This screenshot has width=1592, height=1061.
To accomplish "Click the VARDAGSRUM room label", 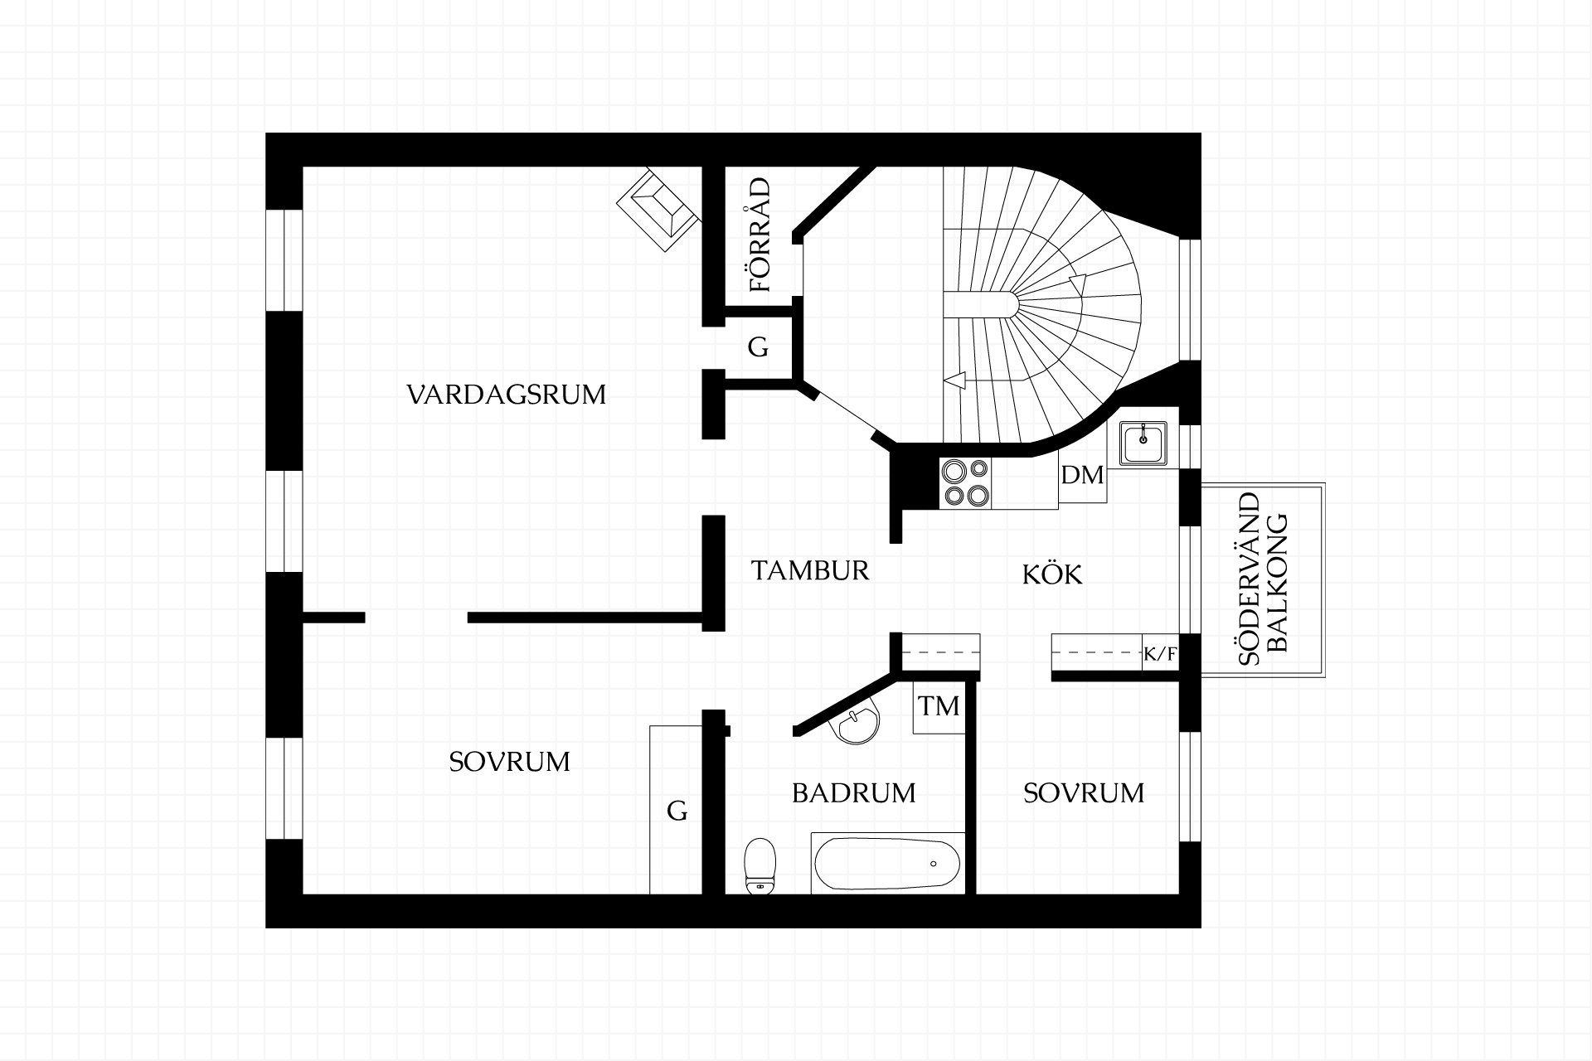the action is pyautogui.click(x=506, y=394).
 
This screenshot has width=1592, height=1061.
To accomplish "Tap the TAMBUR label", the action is pyautogui.click(x=810, y=570).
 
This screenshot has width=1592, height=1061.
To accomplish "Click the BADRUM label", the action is pyautogui.click(x=854, y=793).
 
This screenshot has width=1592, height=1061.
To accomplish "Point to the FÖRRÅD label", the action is pyautogui.click(x=760, y=235).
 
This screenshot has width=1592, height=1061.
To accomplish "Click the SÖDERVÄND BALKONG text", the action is pyautogui.click(x=1262, y=580).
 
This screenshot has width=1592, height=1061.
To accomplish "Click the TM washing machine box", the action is pyautogui.click(x=939, y=706).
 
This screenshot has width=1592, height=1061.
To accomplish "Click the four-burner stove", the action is pyautogui.click(x=965, y=483).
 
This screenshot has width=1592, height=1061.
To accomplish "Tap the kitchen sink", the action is pyautogui.click(x=1143, y=443).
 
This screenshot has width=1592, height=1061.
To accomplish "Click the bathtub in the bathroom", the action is pyautogui.click(x=888, y=863).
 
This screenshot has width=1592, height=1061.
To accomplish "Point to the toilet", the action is pyautogui.click(x=760, y=866).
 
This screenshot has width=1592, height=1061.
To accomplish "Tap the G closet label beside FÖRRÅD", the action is pyautogui.click(x=758, y=347).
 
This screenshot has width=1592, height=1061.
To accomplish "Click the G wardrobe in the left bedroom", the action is pyautogui.click(x=677, y=810).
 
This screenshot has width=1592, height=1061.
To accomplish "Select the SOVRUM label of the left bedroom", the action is pyautogui.click(x=509, y=762).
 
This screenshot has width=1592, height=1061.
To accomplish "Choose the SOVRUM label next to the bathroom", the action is pyautogui.click(x=1084, y=793).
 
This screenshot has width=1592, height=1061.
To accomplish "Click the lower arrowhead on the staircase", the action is pyautogui.click(x=954, y=380).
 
